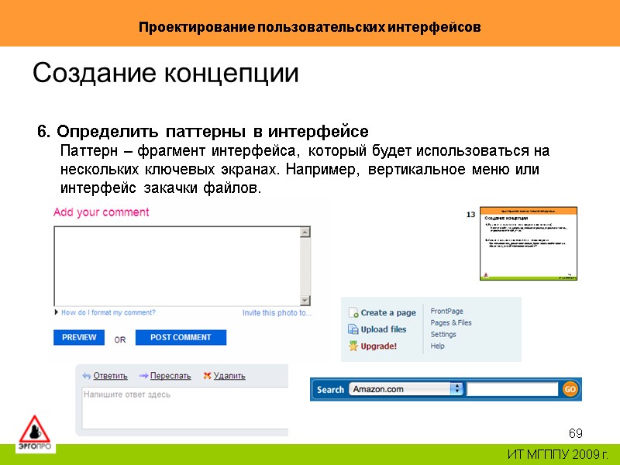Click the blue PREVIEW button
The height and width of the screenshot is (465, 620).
pos(79,337)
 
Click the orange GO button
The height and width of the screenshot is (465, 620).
pos(570,389)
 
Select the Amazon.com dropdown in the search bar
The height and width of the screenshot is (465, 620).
pos(406,389)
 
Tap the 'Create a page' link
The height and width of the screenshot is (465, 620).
pos(387,313)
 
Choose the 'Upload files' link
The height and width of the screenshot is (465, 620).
pos(383,329)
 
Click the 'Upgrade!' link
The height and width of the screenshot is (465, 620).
pos(378,346)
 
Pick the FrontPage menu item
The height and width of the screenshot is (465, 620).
pos(446,311)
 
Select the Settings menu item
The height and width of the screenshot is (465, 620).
pos(443,334)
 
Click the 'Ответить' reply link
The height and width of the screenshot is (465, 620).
pos(110,376)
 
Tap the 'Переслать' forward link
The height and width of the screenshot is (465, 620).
pos(170,376)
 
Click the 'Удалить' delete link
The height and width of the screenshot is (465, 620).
pos(229,376)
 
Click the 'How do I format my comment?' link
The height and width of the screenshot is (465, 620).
pos(108,313)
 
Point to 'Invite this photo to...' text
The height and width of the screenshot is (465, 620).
pos(277,313)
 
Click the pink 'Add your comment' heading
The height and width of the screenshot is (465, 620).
pos(101,212)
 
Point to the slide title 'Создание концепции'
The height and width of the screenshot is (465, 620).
pos(165,74)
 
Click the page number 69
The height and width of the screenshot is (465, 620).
pos(575,432)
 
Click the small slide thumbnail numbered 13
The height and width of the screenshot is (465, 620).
pos(529,243)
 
